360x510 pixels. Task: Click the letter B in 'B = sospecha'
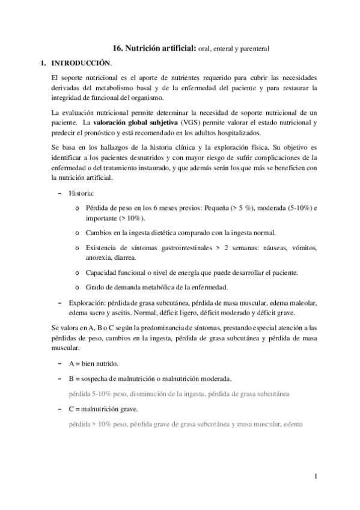click(x=72, y=379)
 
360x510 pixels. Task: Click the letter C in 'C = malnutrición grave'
click(x=72, y=409)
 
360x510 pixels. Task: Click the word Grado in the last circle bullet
click(x=96, y=286)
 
